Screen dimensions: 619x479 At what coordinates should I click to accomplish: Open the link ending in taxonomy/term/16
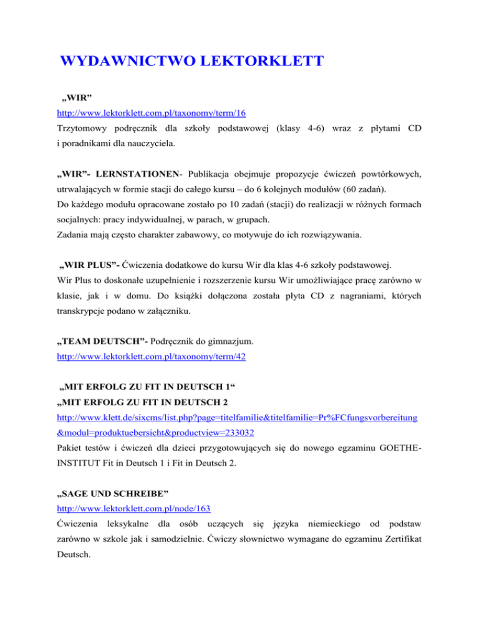(143, 115)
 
